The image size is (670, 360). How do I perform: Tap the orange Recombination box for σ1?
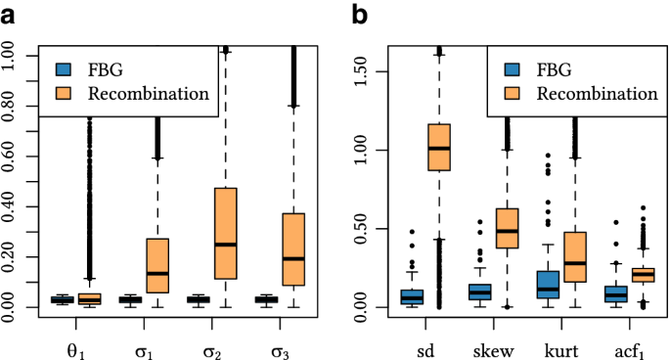pos(157,265)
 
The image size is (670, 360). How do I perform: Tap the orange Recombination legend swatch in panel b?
pos(513,94)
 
